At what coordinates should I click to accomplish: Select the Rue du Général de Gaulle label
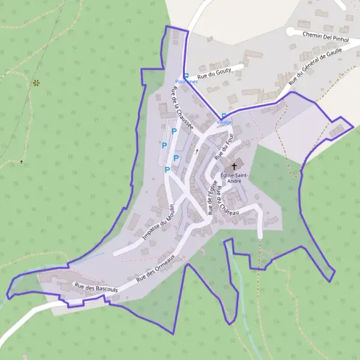(314, 68)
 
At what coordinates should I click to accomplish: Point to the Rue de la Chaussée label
(182, 109)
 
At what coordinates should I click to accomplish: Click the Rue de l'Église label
(211, 198)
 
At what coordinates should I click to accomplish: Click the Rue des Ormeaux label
(155, 268)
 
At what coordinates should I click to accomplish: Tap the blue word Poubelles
(185, 82)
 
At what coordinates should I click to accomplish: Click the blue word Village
(224, 122)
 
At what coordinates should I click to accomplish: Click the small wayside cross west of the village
(22, 161)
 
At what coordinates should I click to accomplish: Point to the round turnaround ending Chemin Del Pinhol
(290, 31)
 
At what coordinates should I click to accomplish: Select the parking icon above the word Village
(224, 115)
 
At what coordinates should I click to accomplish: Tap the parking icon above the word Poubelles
(186, 76)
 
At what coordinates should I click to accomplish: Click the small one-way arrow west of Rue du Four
(196, 151)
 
